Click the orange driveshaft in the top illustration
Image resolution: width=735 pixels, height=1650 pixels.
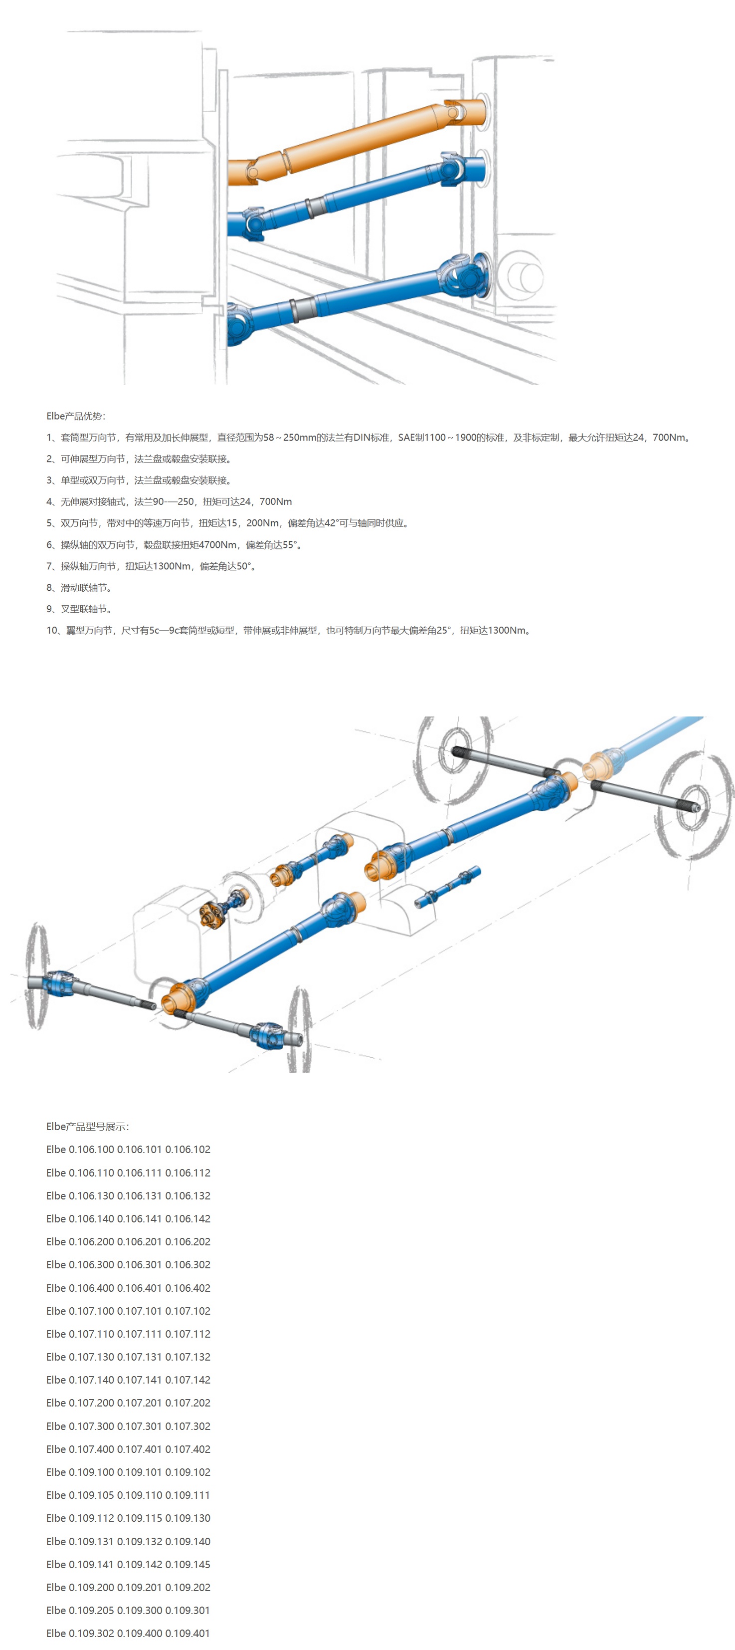359,138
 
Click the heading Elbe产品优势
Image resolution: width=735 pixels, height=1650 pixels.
76,416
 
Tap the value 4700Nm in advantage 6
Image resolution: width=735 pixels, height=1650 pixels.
218,545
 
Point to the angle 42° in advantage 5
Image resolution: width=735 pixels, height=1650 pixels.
331,523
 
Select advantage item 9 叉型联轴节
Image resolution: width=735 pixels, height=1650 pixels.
79,609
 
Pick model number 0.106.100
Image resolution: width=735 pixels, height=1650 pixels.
91,1150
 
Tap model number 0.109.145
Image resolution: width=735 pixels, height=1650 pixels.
187,1565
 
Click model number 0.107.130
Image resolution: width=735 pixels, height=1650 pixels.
91,1357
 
